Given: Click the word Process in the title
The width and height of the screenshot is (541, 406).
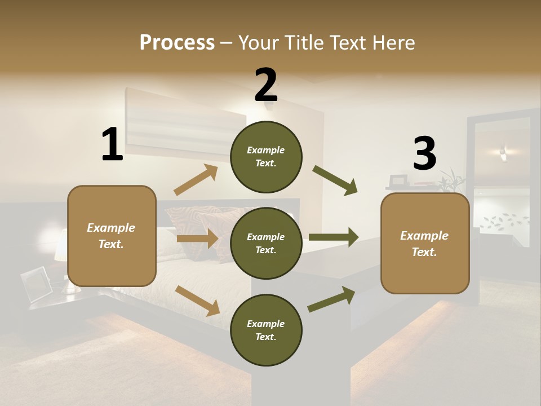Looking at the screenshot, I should [177, 43].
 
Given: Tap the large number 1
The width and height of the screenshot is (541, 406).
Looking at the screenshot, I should [112, 145].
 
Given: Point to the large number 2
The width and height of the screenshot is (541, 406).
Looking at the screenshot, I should [266, 85].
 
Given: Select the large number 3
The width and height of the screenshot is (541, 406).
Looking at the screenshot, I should [424, 153].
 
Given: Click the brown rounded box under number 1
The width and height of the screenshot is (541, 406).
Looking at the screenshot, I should [112, 236].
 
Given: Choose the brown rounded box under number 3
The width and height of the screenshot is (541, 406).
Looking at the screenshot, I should [425, 243].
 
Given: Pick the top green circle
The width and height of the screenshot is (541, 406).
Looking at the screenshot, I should [266, 157].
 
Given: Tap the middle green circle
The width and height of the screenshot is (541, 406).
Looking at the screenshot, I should [266, 243].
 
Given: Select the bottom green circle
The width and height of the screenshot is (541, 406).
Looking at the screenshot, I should [266, 330].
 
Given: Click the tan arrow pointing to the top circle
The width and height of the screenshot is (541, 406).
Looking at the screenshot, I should [196, 180].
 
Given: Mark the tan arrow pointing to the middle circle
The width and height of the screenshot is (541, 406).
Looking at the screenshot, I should [197, 239].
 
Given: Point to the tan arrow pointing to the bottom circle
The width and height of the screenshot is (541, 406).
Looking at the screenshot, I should [198, 301].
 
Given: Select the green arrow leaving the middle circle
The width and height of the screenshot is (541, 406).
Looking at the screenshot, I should [334, 237].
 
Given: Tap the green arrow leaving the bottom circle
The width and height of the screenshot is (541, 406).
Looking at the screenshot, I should [331, 299].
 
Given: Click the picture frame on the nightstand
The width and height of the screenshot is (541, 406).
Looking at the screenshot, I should [36, 284].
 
